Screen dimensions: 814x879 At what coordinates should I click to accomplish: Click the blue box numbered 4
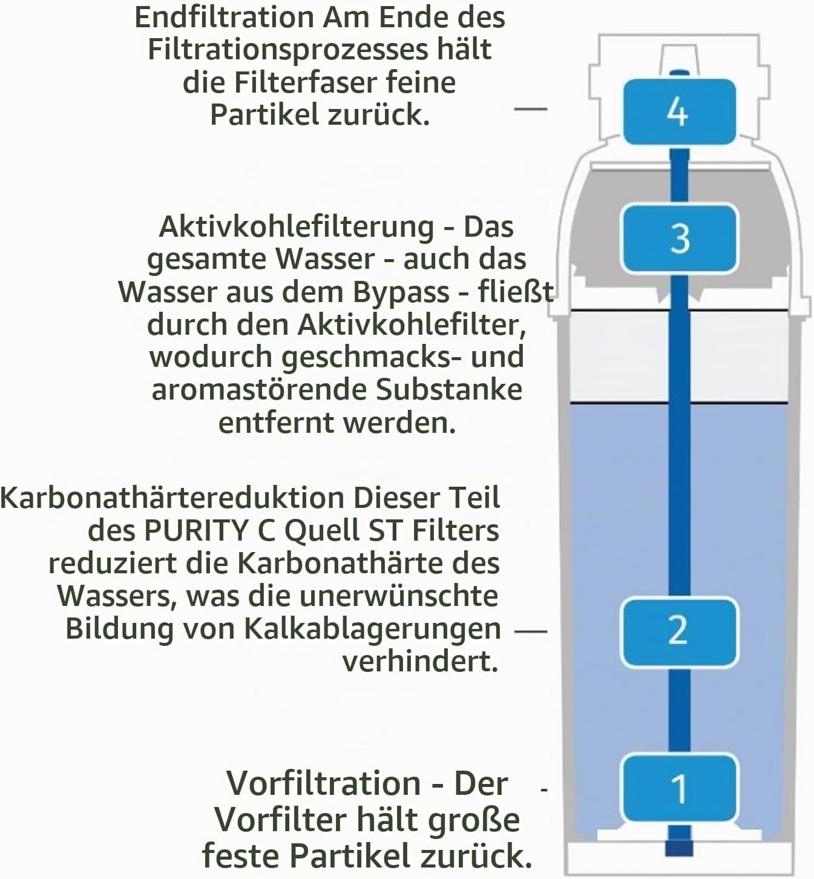pyautogui.click(x=679, y=111)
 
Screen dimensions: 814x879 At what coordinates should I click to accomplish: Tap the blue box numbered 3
pyautogui.click(x=679, y=239)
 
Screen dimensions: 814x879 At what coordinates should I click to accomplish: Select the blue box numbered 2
pyautogui.click(x=679, y=631)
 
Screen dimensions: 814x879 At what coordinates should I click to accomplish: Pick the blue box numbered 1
pyautogui.click(x=679, y=788)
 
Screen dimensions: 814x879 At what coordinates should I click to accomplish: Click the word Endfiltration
pyautogui.click(x=224, y=18)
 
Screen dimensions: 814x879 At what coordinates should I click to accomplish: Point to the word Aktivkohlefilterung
pyautogui.click(x=297, y=228)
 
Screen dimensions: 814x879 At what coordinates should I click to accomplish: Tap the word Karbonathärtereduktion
pyautogui.click(x=172, y=498)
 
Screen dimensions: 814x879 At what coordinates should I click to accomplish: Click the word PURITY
pyautogui.click(x=195, y=531)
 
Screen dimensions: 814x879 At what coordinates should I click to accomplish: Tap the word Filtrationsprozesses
pyautogui.click(x=288, y=50)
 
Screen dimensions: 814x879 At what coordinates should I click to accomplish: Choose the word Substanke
pyautogui.click(x=449, y=390)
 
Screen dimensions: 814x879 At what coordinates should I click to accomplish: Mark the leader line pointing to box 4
pyautogui.click(x=530, y=108)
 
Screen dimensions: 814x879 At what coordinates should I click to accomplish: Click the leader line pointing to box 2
pyautogui.click(x=531, y=631)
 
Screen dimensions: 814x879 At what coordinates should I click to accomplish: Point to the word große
pyautogui.click(x=472, y=821)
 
